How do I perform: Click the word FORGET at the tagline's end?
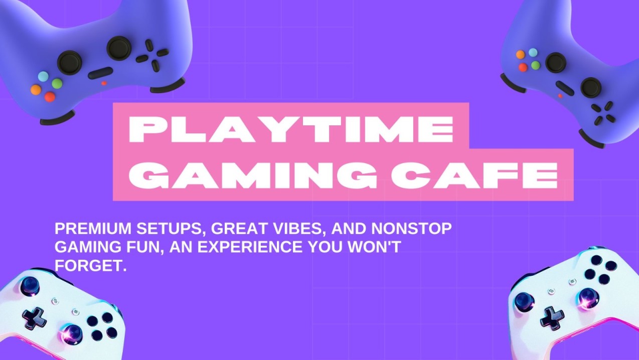(x=87, y=265)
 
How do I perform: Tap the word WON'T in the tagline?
(x=374, y=247)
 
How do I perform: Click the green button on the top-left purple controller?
(x=57, y=84)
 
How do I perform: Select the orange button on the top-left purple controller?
(x=36, y=90)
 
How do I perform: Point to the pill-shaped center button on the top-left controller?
(x=100, y=73)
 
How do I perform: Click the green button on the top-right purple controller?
(x=536, y=66)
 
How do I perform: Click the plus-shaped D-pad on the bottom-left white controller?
(x=34, y=318)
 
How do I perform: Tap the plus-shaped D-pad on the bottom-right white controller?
(x=552, y=317)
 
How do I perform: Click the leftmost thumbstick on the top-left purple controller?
(x=69, y=62)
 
